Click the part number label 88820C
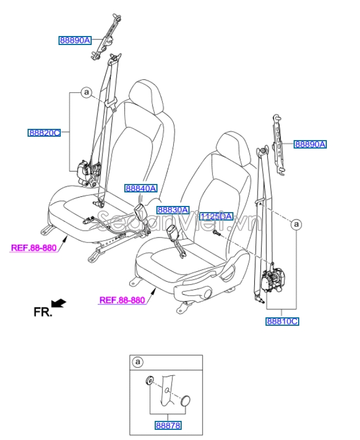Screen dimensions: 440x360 [44, 133]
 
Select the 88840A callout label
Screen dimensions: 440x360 [141, 188]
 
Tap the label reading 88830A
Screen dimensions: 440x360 [173, 209]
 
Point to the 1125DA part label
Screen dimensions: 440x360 [216, 216]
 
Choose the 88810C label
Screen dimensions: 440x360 [282, 321]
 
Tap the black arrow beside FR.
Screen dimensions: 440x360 [58, 304]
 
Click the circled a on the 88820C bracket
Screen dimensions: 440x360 [85, 92]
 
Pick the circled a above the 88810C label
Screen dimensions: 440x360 [296, 225]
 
